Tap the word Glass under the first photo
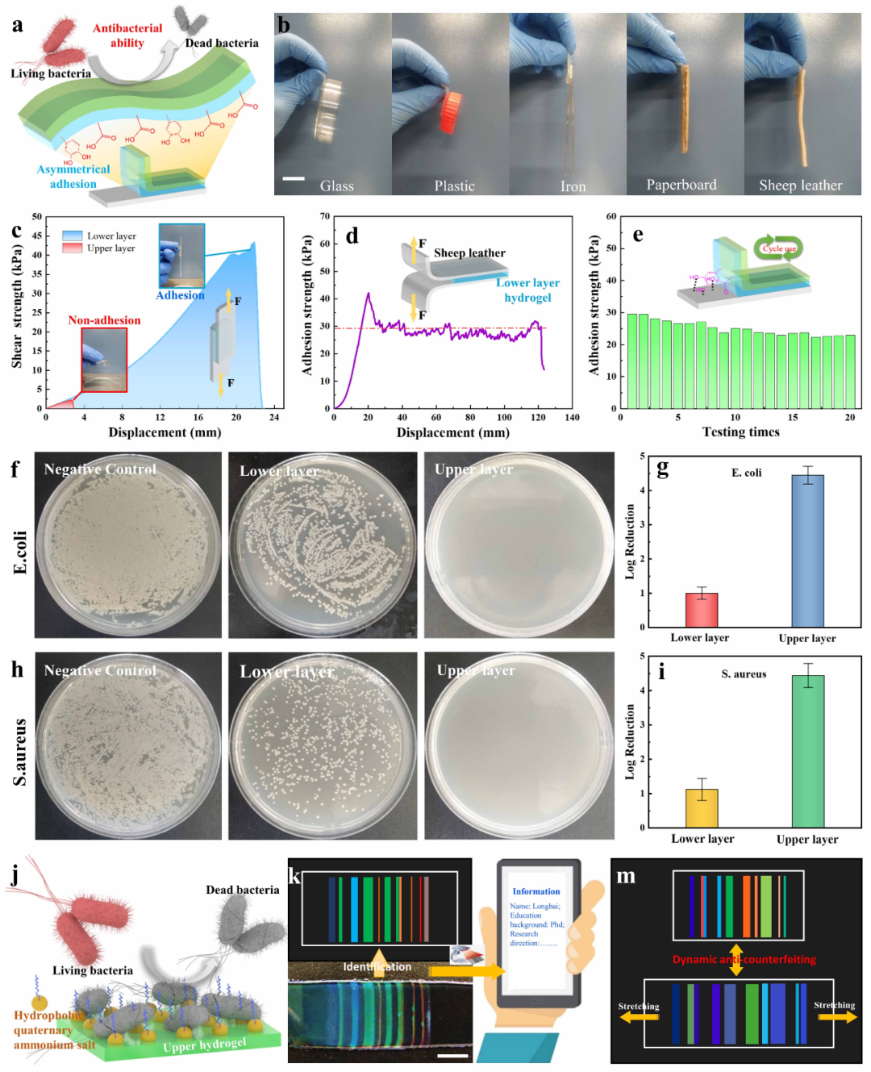[336, 186]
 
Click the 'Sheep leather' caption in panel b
[800, 186]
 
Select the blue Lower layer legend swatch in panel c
[73, 236]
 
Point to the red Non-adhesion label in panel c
[104, 320]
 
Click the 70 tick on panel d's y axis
[324, 216]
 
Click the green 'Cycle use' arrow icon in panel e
[778, 248]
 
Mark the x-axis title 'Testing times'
[740, 432]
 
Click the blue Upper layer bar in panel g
[807, 550]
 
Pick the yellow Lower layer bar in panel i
[702, 807]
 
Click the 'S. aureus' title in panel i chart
[744, 674]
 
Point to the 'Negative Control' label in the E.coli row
[100, 469]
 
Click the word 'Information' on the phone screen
[536, 891]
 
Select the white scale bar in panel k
[452, 1054]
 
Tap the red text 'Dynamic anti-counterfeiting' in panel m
[744, 959]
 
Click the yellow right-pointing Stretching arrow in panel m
[840, 1017]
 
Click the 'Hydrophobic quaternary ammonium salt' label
[53, 1030]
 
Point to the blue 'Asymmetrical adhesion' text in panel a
[73, 177]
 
